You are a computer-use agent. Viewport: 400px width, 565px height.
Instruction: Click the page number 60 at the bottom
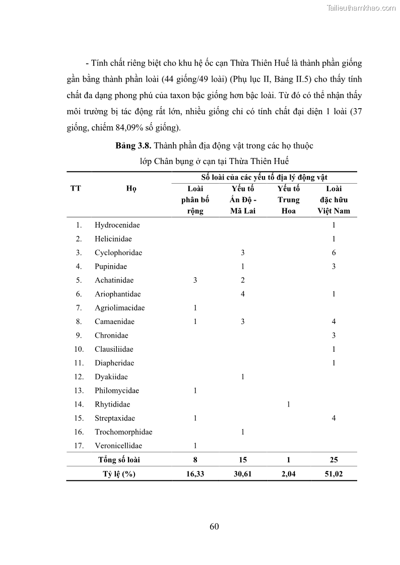(214, 527)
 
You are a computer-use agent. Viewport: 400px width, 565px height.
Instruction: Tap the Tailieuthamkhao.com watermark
(361, 8)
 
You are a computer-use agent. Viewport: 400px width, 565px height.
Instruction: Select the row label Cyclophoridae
(118, 253)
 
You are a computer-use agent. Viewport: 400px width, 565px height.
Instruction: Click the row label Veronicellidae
(118, 445)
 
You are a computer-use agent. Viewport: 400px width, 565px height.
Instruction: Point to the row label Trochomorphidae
(123, 432)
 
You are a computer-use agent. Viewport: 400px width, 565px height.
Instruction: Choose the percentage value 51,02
(334, 473)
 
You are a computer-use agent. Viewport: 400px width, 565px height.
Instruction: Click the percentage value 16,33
(195, 473)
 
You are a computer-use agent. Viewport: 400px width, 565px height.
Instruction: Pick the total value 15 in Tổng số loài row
(243, 459)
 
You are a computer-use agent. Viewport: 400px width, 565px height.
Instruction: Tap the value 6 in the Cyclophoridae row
(334, 253)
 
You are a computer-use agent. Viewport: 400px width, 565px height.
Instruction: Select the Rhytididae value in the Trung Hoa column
(288, 404)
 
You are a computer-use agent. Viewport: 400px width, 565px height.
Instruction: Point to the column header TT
(76, 189)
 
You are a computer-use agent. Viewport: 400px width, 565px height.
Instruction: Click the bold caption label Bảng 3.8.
(133, 146)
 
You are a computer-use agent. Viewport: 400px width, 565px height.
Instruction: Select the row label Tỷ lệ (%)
(119, 473)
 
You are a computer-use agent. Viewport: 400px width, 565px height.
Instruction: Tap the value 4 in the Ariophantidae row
(243, 294)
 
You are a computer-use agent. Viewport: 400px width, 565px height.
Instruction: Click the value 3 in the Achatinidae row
(195, 280)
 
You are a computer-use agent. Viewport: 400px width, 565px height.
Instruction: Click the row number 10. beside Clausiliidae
(79, 349)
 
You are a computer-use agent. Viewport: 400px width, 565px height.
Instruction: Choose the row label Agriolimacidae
(119, 308)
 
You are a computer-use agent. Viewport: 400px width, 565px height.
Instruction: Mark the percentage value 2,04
(288, 473)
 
